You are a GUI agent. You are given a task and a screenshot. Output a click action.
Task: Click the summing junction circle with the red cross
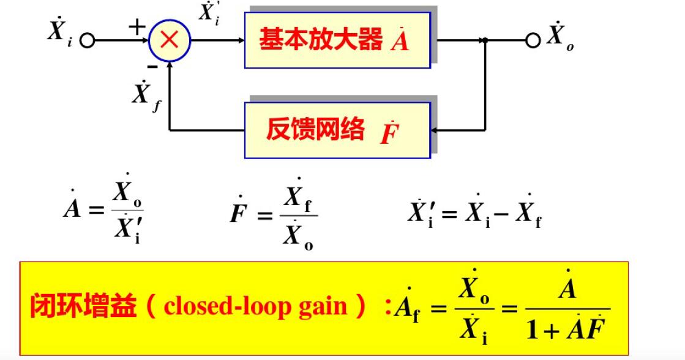coord(170,40)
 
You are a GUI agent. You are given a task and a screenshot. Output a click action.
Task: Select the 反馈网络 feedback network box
coord(337,130)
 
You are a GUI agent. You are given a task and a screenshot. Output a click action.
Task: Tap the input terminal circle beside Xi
coord(88,41)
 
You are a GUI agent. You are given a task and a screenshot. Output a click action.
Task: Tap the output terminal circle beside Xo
coord(533,40)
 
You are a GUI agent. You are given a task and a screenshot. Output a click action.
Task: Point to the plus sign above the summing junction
coord(137,26)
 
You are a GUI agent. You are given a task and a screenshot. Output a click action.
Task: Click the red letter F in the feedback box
coord(387,132)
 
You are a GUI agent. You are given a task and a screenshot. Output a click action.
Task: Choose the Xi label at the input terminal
coord(59,32)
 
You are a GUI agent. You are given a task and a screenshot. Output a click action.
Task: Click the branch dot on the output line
coord(485,40)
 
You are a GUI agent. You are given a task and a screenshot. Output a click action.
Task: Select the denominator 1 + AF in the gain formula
coord(569,329)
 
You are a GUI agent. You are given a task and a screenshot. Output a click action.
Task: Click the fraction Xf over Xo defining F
coord(299,215)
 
